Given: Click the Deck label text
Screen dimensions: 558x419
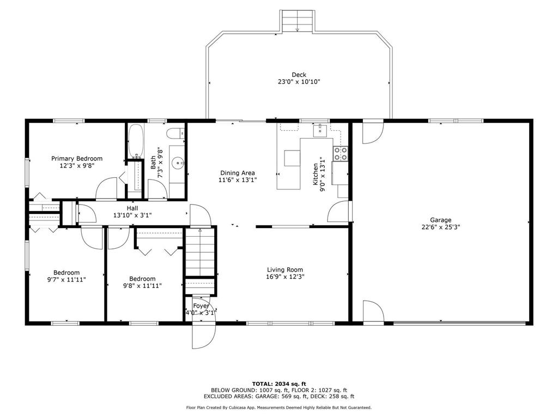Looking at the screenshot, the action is click(x=299, y=75).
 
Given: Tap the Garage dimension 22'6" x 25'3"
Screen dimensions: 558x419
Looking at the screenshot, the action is click(x=440, y=227).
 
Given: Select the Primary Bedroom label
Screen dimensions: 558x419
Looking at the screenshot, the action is click(x=76, y=159).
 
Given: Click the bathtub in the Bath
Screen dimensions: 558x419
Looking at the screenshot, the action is click(x=136, y=141).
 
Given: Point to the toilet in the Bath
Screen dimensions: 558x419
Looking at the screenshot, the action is click(x=176, y=134).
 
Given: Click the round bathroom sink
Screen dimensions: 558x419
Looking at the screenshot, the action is click(x=178, y=164).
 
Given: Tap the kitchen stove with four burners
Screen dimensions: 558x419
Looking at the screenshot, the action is click(x=340, y=153).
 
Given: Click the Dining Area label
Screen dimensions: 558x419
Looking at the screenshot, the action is click(x=238, y=173).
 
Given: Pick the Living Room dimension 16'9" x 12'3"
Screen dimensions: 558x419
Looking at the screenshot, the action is click(x=285, y=277).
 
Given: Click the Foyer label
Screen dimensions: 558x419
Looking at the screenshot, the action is click(x=201, y=306).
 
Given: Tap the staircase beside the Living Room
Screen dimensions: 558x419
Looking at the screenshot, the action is click(x=200, y=252).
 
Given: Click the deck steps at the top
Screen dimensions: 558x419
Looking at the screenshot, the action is click(x=298, y=21).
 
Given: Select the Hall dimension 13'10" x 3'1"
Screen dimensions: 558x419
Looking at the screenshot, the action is click(x=132, y=215).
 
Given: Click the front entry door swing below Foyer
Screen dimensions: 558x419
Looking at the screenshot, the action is click(x=203, y=335).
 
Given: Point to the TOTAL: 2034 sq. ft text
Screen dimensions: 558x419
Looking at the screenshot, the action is click(x=279, y=384).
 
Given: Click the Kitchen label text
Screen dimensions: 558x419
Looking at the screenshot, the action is click(x=316, y=174).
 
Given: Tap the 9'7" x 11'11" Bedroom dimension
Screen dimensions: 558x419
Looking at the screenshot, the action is click(x=66, y=280).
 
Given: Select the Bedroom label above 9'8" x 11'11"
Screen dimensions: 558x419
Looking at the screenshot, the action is click(x=142, y=279).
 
